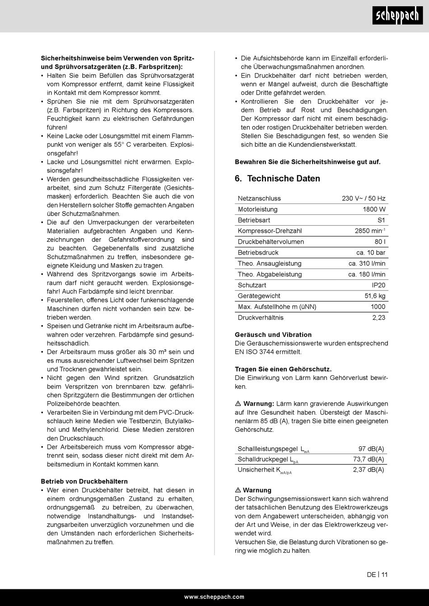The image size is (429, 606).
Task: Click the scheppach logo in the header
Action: click(x=398, y=17)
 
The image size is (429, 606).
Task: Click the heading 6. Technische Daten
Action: click(x=277, y=179)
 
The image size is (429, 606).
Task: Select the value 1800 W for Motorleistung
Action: click(x=374, y=209)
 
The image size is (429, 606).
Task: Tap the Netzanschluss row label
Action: click(x=259, y=199)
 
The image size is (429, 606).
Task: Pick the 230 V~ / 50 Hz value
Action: click(x=364, y=199)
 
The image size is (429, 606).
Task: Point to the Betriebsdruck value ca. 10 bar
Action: click(x=371, y=253)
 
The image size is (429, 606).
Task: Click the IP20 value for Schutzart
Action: click(x=378, y=285)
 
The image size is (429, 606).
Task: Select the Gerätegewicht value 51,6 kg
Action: click(x=375, y=296)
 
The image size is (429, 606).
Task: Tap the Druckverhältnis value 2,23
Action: click(x=378, y=318)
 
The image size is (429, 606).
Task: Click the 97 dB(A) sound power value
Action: click(x=371, y=449)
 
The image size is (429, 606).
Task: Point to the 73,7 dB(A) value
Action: click(x=368, y=459)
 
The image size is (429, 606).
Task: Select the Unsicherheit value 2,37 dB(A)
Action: click(x=368, y=470)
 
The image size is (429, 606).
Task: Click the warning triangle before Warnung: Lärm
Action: click(x=238, y=403)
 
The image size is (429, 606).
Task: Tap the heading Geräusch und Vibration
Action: click(x=273, y=335)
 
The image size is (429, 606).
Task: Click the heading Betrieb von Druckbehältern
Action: click(x=84, y=481)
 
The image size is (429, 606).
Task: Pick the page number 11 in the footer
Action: click(x=384, y=575)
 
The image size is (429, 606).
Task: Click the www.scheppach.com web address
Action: click(x=214, y=597)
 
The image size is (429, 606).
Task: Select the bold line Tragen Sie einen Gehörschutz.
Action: click(x=283, y=369)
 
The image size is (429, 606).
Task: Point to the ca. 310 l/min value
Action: click(x=367, y=264)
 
